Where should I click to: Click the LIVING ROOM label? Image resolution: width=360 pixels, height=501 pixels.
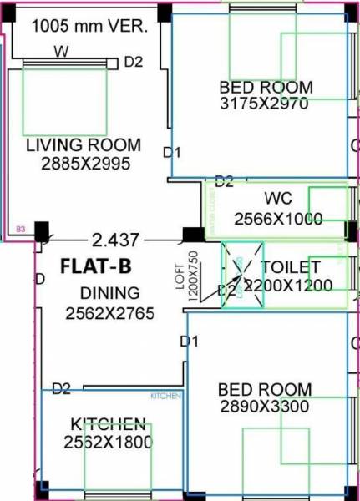[x=84, y=145]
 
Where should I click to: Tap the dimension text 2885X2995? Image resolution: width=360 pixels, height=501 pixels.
[x=86, y=164]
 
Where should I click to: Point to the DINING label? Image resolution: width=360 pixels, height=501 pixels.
[x=110, y=294]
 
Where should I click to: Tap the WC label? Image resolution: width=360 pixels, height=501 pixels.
[x=278, y=200]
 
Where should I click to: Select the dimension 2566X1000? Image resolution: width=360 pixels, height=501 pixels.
[x=277, y=219]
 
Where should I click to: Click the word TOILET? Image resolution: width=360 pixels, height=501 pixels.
[x=291, y=267]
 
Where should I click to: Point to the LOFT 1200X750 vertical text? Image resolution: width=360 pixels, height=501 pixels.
[x=191, y=270]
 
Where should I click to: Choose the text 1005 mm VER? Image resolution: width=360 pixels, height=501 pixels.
[x=89, y=26]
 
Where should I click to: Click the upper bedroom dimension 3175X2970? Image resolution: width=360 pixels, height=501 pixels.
[x=264, y=104]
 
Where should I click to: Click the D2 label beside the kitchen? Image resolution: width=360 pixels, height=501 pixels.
[x=61, y=388]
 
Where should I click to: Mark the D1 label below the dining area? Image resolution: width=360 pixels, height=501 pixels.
[x=190, y=341]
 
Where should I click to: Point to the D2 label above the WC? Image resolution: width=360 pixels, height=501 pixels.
[x=224, y=181]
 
